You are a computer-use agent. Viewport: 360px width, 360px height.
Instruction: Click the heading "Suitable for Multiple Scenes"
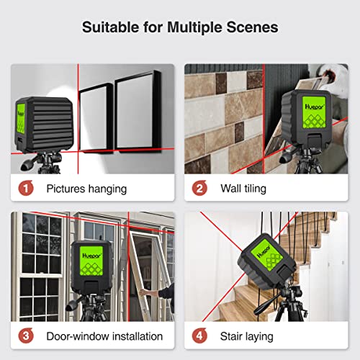(x=180, y=27)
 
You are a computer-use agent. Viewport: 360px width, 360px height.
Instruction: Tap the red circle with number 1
(x=24, y=189)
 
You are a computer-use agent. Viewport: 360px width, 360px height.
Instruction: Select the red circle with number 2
(x=198, y=189)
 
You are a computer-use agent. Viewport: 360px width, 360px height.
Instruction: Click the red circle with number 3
(x=24, y=336)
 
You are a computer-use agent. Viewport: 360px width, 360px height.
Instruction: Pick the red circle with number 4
(x=198, y=336)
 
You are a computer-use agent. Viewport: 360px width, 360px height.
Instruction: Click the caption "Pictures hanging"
(x=86, y=189)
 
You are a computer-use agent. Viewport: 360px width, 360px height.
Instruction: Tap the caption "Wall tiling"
(x=243, y=189)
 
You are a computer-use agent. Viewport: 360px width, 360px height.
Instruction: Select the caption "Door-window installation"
(x=105, y=336)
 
